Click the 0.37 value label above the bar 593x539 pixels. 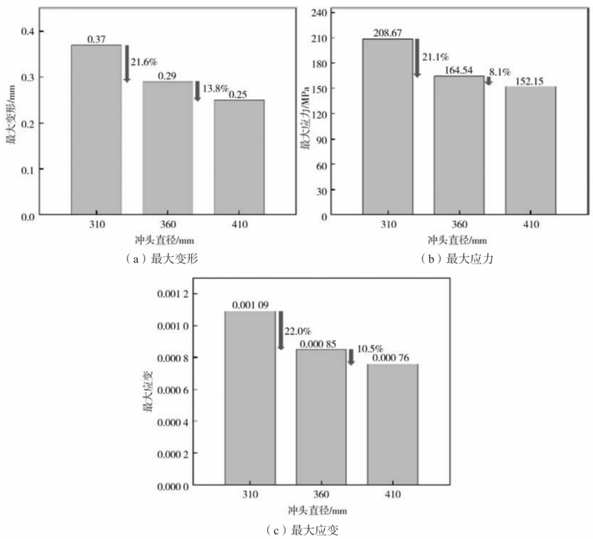point(96,38)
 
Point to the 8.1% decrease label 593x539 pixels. point(499,73)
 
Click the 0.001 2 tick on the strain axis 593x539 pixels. point(175,295)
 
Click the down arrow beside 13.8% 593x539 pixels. point(198,90)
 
